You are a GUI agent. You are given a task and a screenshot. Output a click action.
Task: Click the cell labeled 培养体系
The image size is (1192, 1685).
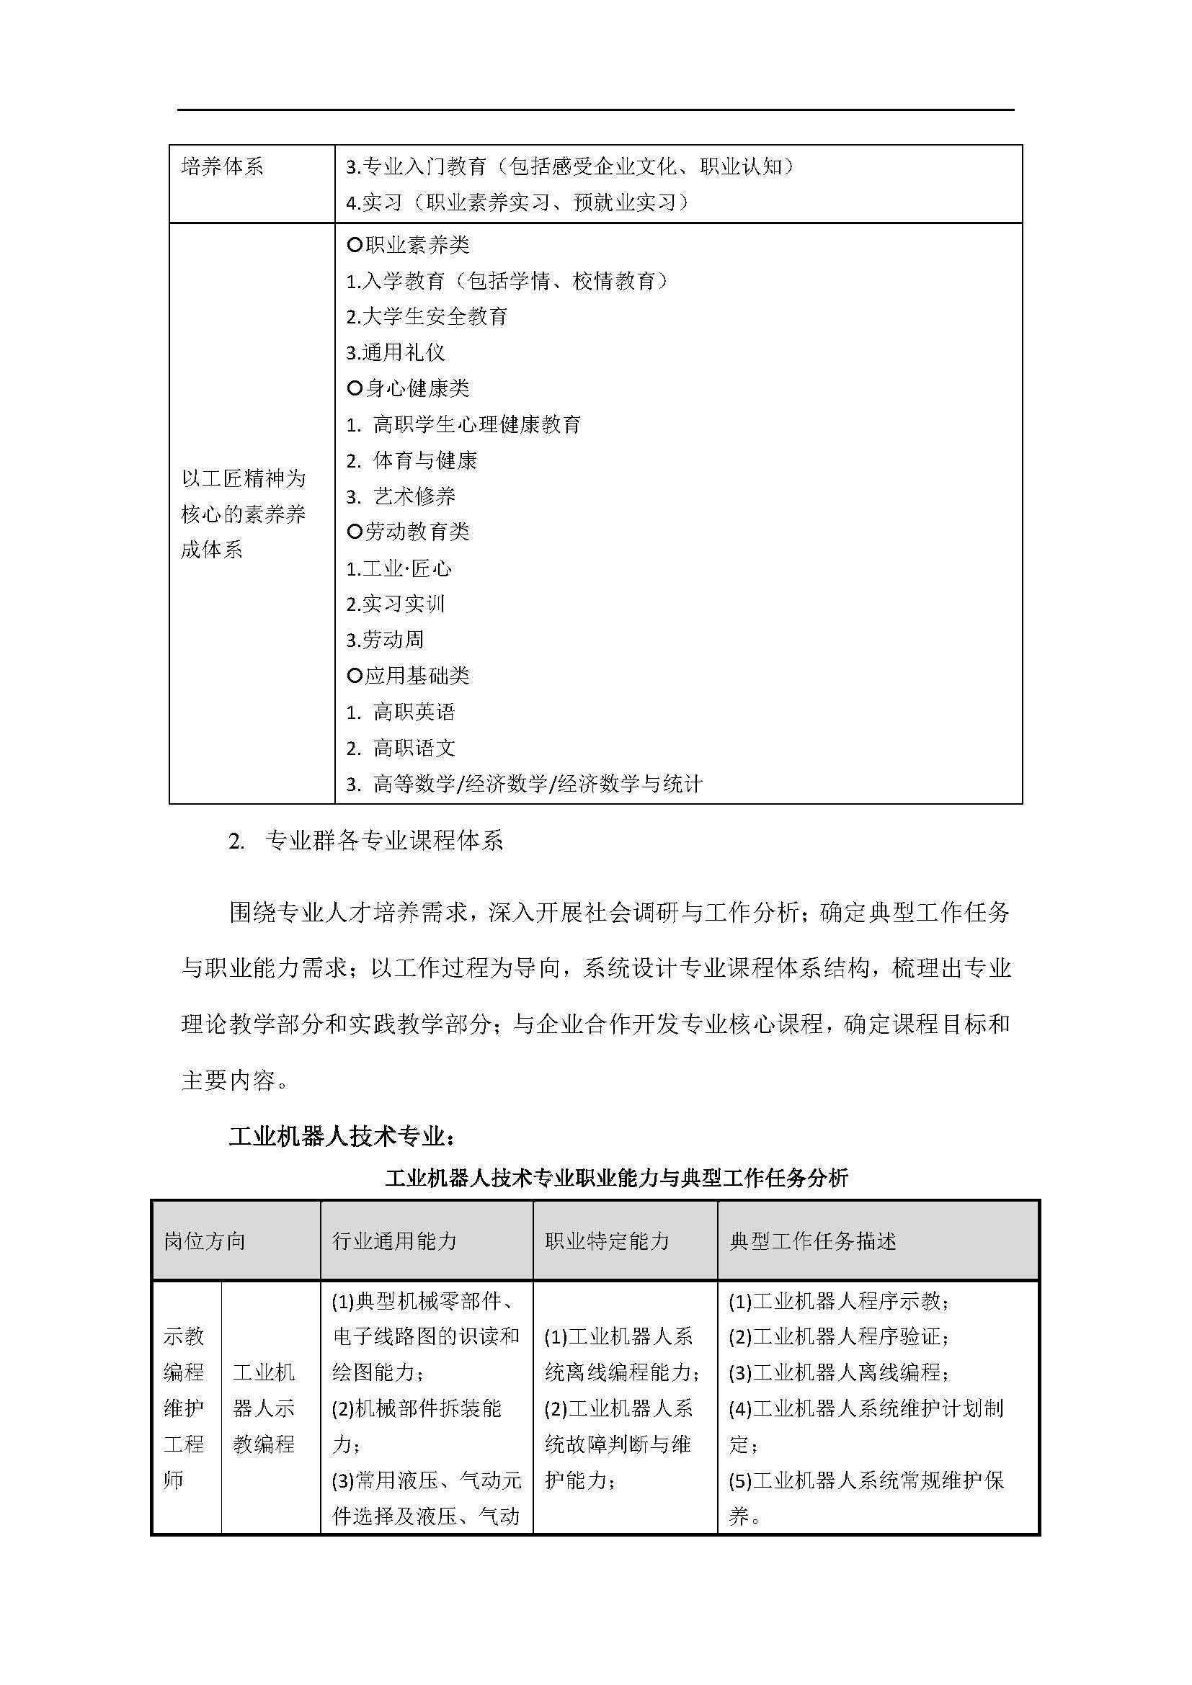pyautogui.click(x=222, y=167)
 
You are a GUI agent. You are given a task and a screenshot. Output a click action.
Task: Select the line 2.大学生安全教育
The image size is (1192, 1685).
pyautogui.click(x=427, y=317)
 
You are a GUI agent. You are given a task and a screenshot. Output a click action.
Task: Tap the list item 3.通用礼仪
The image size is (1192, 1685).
pyautogui.click(x=396, y=353)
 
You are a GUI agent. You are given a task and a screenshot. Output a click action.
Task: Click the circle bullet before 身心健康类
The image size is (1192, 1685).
pyautogui.click(x=355, y=388)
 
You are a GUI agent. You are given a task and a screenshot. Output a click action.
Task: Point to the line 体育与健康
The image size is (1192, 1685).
pyautogui.click(x=425, y=461)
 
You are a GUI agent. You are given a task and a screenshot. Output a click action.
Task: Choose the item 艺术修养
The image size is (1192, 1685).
pyautogui.click(x=414, y=497)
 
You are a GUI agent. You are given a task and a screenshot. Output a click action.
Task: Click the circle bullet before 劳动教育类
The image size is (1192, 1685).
pyautogui.click(x=355, y=532)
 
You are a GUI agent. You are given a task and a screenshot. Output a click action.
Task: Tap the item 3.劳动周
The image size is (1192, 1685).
pyautogui.click(x=385, y=640)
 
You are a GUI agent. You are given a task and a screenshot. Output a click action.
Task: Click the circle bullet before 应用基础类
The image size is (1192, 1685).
pyautogui.click(x=355, y=676)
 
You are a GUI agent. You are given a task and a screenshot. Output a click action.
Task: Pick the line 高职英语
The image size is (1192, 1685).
pyautogui.click(x=414, y=712)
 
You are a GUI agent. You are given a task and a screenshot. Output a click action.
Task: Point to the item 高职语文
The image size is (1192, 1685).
pyautogui.click(x=414, y=748)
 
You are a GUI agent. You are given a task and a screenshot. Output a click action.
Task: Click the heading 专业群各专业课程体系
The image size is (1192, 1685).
pyautogui.click(x=384, y=841)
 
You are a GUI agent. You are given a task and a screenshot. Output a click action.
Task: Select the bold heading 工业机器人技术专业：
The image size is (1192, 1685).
pyautogui.click(x=342, y=1137)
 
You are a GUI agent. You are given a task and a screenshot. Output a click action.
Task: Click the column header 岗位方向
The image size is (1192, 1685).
pyautogui.click(x=205, y=1241)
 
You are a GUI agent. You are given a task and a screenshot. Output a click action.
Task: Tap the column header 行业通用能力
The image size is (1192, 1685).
pyautogui.click(x=395, y=1241)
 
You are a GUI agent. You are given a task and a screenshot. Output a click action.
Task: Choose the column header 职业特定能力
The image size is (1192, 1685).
pyautogui.click(x=607, y=1241)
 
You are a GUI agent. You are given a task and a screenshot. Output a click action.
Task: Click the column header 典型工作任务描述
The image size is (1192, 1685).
pyautogui.click(x=812, y=1241)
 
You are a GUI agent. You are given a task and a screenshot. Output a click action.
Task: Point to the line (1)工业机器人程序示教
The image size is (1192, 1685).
pyautogui.click(x=838, y=1301)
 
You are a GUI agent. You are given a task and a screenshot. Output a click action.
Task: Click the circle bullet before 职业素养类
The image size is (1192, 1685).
pyautogui.click(x=355, y=245)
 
